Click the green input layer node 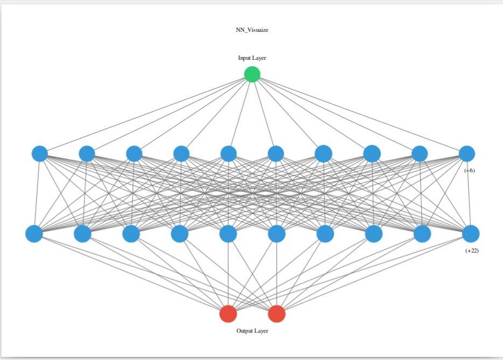(252, 74)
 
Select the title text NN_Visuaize (252, 30)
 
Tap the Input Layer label (252, 58)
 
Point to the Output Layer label (252, 330)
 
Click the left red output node (228, 314)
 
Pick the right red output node (276, 314)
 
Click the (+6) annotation (470, 170)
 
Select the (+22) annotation (472, 251)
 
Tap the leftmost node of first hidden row (39, 154)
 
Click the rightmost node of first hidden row (467, 154)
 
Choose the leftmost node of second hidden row (34, 234)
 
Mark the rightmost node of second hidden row (471, 234)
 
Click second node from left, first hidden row (87, 154)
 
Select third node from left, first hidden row (134, 154)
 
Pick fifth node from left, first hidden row (228, 154)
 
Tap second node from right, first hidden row (420, 154)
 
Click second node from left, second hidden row (82, 234)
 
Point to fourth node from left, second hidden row (179, 234)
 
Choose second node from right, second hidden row (422, 234)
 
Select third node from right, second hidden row (374, 234)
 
